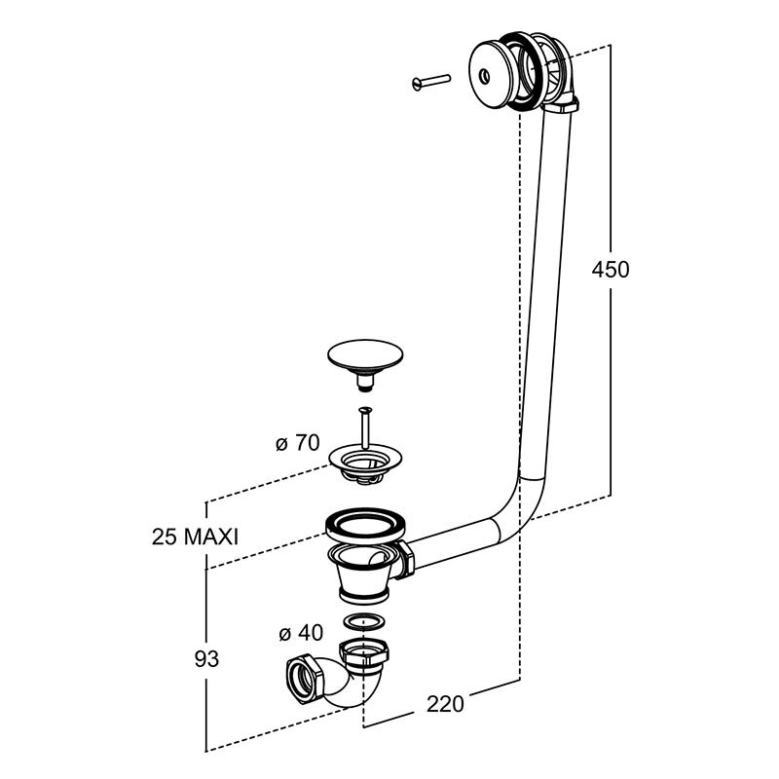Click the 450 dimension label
(611, 270)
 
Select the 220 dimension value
(444, 704)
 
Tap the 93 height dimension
(204, 658)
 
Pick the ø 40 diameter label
(300, 633)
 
